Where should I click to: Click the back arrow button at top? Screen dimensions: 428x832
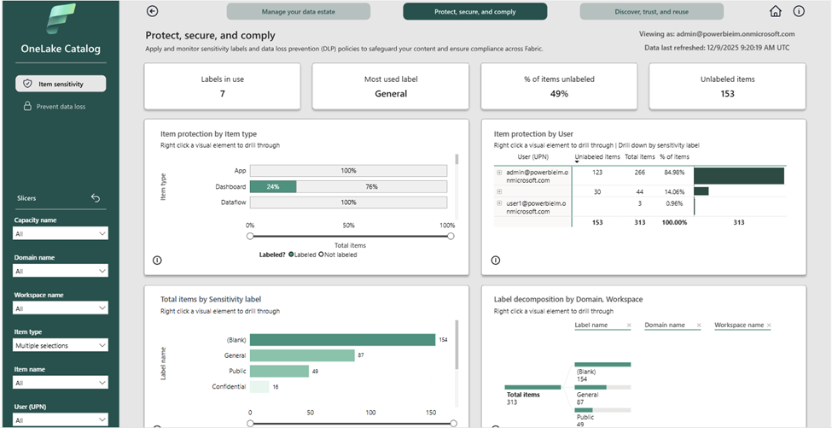pyautogui.click(x=153, y=11)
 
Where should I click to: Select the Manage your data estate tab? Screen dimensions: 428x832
pyautogui.click(x=298, y=12)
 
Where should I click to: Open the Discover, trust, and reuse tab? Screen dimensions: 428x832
pyautogui.click(x=651, y=12)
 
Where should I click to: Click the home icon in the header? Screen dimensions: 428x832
pyautogui.click(x=775, y=12)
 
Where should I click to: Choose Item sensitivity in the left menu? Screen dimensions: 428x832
pyautogui.click(x=61, y=84)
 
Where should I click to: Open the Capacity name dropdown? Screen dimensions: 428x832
pyautogui.click(x=61, y=233)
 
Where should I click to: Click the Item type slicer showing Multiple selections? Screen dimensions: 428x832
pyautogui.click(x=61, y=345)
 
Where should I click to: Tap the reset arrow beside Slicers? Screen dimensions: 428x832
pyautogui.click(x=96, y=198)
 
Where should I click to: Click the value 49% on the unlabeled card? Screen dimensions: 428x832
pyautogui.click(x=559, y=94)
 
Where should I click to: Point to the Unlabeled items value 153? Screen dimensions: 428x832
pyautogui.click(x=727, y=94)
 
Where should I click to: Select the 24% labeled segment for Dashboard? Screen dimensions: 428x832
pyautogui.click(x=273, y=186)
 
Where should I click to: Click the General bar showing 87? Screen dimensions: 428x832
pyautogui.click(x=302, y=355)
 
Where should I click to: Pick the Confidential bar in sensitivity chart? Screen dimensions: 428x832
pyautogui.click(x=259, y=387)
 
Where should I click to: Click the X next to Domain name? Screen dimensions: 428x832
pyautogui.click(x=697, y=325)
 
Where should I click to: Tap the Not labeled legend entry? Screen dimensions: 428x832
pyautogui.click(x=338, y=254)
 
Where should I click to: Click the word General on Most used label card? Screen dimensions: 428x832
pyautogui.click(x=391, y=94)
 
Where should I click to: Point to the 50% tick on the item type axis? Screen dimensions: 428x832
pyautogui.click(x=349, y=226)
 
